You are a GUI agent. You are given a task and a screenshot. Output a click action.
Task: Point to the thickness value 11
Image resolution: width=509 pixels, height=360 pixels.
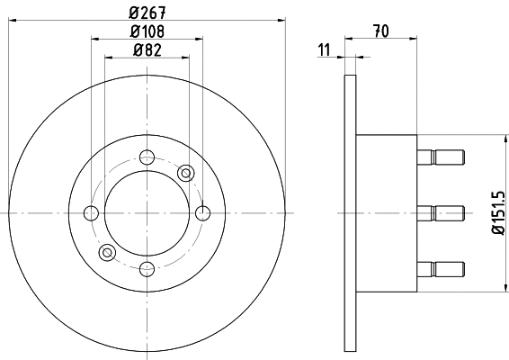coord(324,49)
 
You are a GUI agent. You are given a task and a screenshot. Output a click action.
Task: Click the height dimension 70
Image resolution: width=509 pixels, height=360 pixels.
coord(380,31)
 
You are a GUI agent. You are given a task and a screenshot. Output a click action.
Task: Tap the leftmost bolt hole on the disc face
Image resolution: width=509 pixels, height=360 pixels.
coord(91,213)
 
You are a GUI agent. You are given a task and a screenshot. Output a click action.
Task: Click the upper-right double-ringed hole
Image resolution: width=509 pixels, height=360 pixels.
coord(186,173)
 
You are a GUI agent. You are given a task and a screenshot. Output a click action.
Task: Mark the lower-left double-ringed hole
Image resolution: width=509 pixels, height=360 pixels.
coord(107,252)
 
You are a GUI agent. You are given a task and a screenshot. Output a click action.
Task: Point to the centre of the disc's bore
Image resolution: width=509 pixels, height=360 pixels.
coord(147,213)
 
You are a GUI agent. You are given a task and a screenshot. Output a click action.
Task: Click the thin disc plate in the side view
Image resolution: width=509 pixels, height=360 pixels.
coord(351,213)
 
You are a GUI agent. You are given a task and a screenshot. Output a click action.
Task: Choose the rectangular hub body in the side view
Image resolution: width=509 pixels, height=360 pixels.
coord(387,213)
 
